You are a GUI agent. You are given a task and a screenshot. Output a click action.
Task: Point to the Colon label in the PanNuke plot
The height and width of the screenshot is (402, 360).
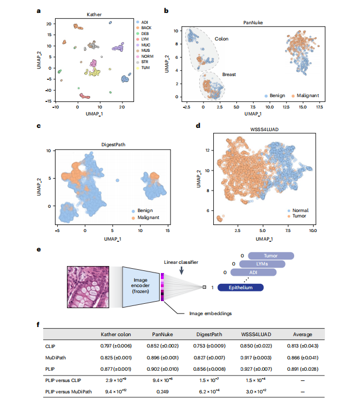click(x=221, y=39)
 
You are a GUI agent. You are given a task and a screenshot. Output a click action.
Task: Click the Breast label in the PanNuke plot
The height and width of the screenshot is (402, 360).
click(x=229, y=75)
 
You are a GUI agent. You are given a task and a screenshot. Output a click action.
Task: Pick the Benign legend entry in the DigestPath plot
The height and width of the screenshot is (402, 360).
click(x=143, y=210)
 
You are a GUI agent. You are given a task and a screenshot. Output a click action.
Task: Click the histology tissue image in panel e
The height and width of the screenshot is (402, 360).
click(x=88, y=285)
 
